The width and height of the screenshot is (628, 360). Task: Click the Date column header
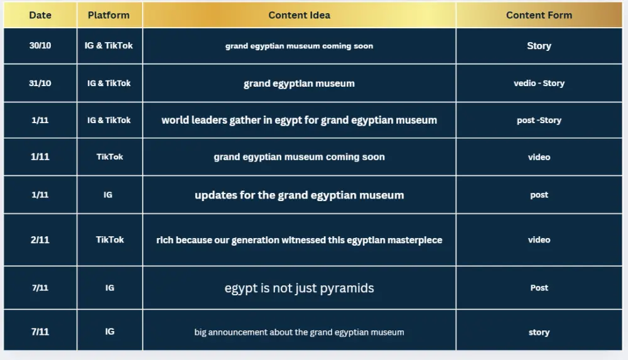[40, 15]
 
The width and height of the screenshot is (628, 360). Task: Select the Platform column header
[109, 15]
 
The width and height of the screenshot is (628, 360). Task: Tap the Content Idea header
[299, 15]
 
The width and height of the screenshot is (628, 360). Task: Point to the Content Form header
[539, 15]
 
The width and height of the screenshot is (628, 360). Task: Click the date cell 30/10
[40, 46]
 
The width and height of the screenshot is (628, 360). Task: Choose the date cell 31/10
[40, 83]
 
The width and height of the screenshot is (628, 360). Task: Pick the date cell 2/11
[40, 239]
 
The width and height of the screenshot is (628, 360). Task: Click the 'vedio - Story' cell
[539, 83]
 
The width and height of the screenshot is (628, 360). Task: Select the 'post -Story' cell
[539, 120]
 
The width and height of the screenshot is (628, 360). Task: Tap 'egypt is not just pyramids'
[299, 288]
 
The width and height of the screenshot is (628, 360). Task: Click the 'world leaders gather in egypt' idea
[299, 120]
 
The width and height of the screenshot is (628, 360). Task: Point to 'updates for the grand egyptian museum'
[299, 195]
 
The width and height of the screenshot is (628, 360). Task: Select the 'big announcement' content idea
[299, 332]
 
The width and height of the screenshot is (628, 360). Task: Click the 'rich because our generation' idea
[299, 240]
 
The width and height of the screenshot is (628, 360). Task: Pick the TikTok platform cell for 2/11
[110, 239]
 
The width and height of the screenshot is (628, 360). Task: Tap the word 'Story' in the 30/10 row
[539, 46]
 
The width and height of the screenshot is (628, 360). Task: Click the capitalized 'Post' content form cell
[539, 288]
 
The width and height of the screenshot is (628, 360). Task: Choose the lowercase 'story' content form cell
[539, 332]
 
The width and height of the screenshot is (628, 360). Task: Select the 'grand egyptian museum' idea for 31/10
[299, 84]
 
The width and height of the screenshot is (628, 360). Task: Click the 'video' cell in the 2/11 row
[539, 240]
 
